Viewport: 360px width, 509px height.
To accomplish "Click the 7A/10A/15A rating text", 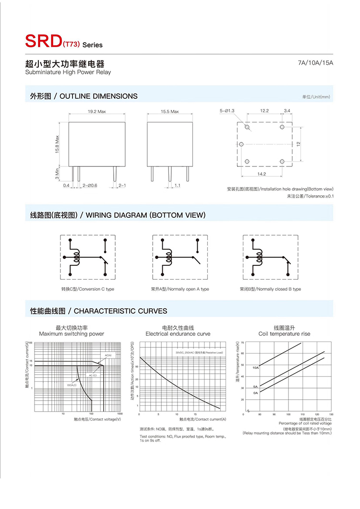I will point(315,63).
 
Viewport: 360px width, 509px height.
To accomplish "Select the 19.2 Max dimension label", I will point(96,111).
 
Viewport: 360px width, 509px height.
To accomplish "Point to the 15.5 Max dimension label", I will point(169,111).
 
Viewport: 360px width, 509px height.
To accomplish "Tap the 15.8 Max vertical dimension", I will point(57,144).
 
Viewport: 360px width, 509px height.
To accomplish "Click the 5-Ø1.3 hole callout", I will point(227,111).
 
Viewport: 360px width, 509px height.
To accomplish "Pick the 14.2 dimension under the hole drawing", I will point(262,174).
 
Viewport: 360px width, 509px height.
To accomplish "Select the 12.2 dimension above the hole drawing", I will point(264,111).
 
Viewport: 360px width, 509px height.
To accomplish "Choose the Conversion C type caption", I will point(87,289).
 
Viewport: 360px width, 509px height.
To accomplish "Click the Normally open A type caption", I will point(180,289).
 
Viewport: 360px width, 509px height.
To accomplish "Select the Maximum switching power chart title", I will point(72,333).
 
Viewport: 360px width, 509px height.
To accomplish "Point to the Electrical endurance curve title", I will point(178,333).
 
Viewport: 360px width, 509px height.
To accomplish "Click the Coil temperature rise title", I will point(284,333).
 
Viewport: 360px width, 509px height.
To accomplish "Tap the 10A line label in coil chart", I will point(256,367).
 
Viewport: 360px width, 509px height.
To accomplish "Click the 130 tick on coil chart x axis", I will point(331,414).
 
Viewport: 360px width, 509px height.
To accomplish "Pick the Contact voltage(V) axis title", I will point(97,419).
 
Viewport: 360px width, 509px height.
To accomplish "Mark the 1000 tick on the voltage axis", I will point(120,414).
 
